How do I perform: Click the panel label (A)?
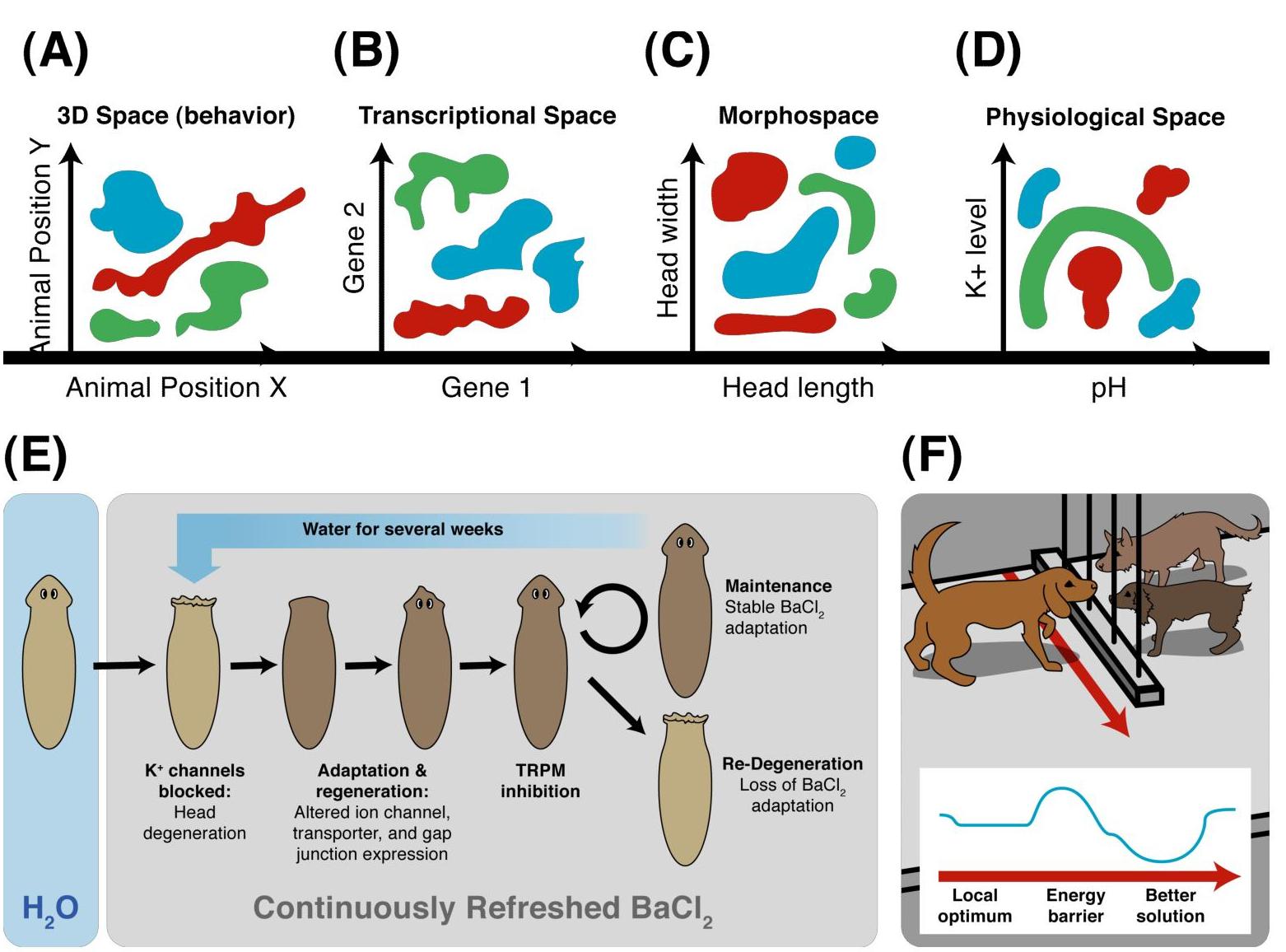coord(55,51)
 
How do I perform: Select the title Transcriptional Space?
coord(487,115)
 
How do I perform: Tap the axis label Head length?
coord(798,387)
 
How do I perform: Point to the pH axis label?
coord(1108,387)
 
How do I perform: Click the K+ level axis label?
coord(976,247)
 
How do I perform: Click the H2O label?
coord(50,908)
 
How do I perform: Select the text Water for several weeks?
coord(403,529)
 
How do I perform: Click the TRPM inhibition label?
coord(540,781)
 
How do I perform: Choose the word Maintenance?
coord(778,586)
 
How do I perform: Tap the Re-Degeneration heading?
coord(792,764)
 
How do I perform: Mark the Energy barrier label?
coord(1075,905)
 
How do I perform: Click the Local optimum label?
coord(975,905)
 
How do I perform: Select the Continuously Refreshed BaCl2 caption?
coord(482,908)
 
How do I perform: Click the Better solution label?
coord(1170,905)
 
